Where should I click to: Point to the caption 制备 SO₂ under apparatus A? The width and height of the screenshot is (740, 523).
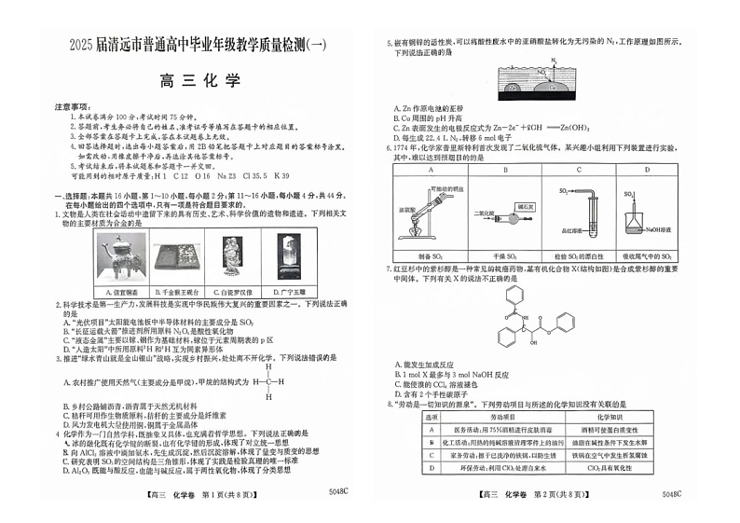(432, 255)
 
